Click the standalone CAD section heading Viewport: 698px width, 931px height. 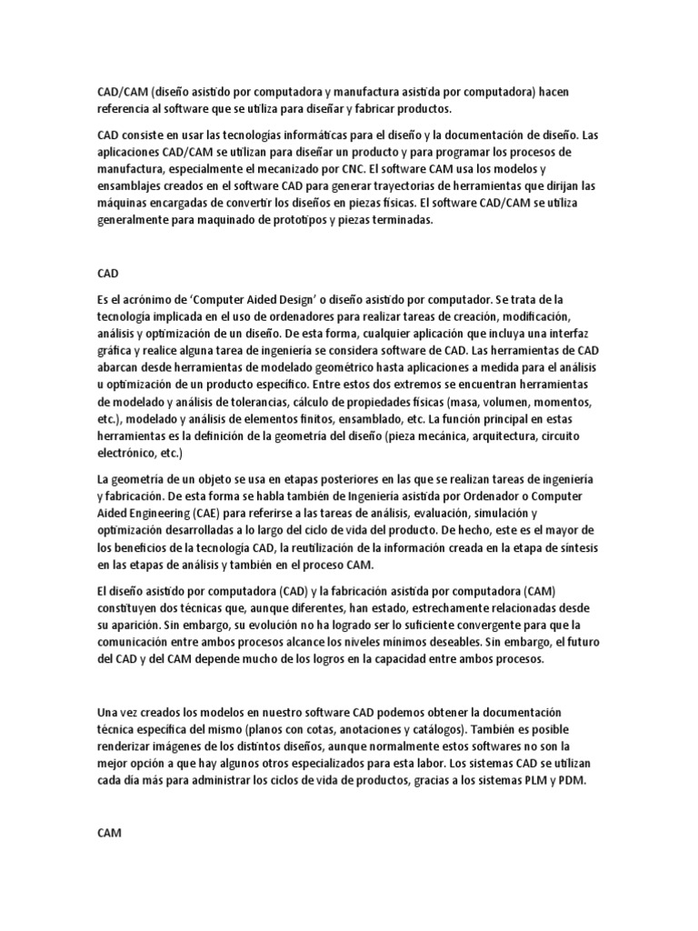point(107,272)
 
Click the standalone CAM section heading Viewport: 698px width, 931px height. point(108,806)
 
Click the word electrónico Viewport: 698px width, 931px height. point(130,453)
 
